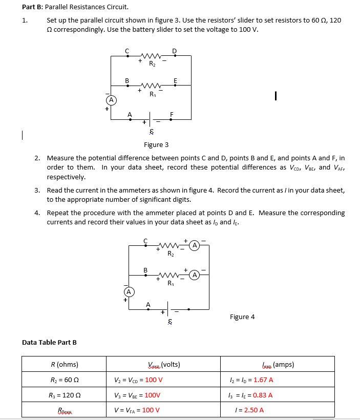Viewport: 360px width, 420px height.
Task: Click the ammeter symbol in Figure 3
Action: tap(110, 99)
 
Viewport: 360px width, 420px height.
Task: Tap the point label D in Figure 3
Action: tap(174, 50)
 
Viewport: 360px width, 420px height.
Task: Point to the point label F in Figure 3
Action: tap(172, 114)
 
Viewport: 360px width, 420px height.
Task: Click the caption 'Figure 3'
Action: tap(156, 145)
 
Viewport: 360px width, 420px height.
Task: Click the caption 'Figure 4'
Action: tap(242, 317)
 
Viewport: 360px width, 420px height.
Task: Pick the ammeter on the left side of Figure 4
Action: tap(129, 291)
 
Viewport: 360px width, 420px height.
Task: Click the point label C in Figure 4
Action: tap(145, 240)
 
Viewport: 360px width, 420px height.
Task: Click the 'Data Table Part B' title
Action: tap(49, 342)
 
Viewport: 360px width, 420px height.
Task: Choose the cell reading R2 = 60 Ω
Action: tap(65, 380)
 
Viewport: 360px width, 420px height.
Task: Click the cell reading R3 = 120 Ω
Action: tap(65, 395)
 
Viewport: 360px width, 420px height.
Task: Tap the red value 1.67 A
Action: tap(264, 380)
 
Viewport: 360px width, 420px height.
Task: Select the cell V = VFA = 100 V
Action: tap(137, 410)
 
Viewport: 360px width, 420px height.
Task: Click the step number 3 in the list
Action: tap(37, 190)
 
